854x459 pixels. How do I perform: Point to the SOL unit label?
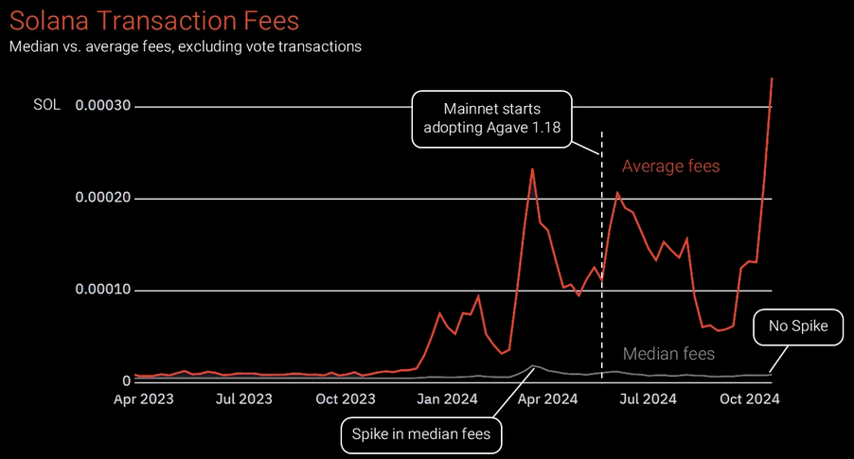coord(46,105)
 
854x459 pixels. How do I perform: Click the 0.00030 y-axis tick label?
coord(105,106)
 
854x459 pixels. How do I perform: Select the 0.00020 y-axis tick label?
coord(105,198)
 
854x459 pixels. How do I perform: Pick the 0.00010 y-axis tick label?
coord(105,290)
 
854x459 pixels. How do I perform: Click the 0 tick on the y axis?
coord(127,380)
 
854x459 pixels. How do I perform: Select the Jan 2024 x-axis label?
coord(448,399)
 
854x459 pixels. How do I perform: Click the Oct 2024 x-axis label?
coord(748,399)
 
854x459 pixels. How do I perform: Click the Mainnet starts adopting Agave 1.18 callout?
coord(492,118)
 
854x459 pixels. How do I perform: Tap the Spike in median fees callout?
coord(421,435)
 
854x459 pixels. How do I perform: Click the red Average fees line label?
coord(670,167)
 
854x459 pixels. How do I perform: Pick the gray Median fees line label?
coord(669,354)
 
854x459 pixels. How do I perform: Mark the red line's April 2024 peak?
coord(532,169)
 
